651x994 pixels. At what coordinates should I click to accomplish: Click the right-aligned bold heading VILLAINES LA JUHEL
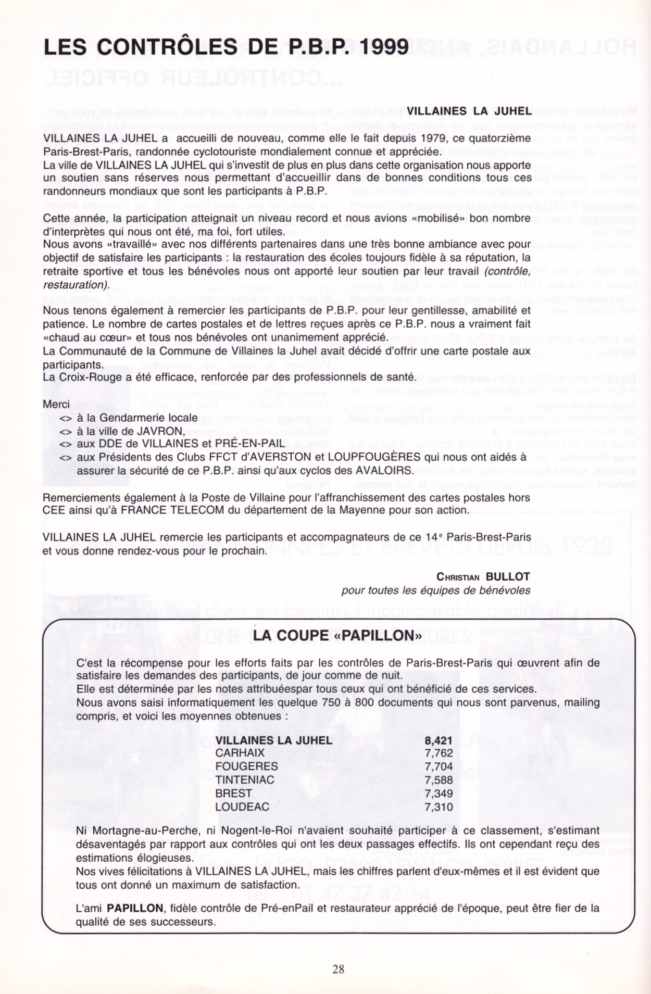469,111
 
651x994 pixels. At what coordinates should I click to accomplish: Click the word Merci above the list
56,404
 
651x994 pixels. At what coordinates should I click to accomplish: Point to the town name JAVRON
160,431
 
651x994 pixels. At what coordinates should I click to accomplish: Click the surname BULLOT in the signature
508,576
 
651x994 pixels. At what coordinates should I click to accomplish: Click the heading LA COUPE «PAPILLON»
337,636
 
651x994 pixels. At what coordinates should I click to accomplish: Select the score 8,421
439,740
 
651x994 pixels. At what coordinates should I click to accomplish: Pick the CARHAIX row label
240,753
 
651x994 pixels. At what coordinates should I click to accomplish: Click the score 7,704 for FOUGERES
439,766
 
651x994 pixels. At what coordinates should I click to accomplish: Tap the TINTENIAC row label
245,780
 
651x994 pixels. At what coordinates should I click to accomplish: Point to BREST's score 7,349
439,794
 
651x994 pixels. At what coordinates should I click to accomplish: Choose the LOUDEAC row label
243,807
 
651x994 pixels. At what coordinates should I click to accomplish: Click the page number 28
338,969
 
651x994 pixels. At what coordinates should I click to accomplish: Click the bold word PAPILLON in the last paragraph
135,908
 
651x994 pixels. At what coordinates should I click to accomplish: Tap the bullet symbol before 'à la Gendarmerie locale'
66,418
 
